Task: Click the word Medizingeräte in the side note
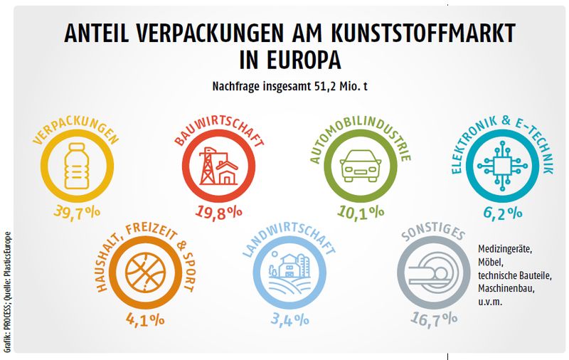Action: click(509, 250)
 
